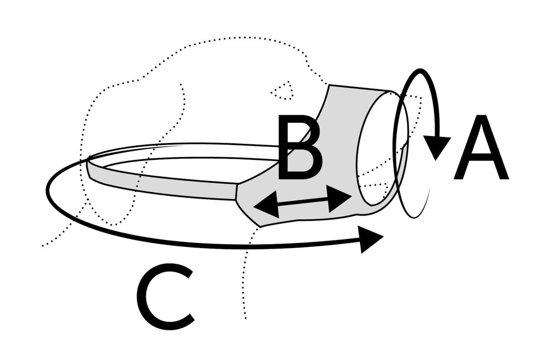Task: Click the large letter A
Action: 481,148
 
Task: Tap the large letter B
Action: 301,148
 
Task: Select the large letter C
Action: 165,297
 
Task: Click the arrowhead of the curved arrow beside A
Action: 437,147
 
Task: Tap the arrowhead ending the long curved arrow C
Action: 371,239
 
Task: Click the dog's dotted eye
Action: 282,91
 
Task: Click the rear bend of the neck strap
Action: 89,167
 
